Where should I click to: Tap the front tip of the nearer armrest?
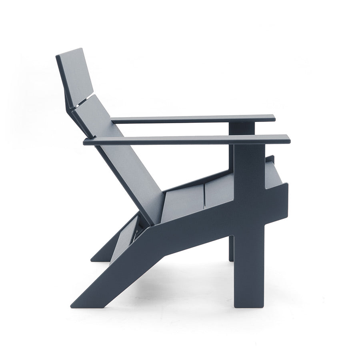click(x=288, y=140)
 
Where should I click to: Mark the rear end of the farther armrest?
click(x=113, y=120)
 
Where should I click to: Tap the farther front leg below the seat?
click(x=231, y=248)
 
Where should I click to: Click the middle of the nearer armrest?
click(x=186, y=140)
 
